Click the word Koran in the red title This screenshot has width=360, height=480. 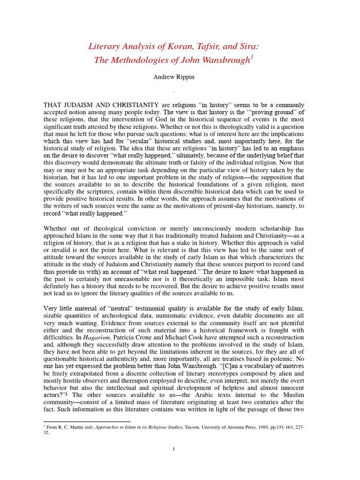click(173, 46)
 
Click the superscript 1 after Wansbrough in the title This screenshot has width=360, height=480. click(252, 57)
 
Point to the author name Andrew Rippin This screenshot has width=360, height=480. click(173, 76)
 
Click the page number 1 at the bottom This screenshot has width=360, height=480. click(173, 449)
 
